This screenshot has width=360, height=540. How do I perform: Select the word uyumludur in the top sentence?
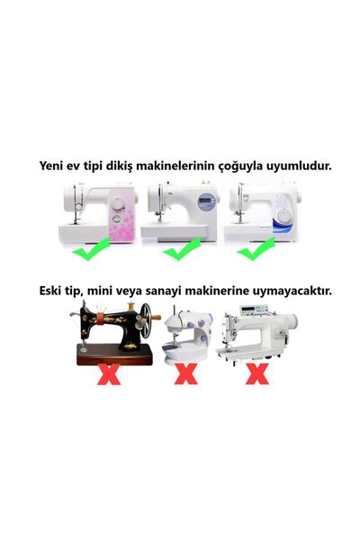295,166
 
